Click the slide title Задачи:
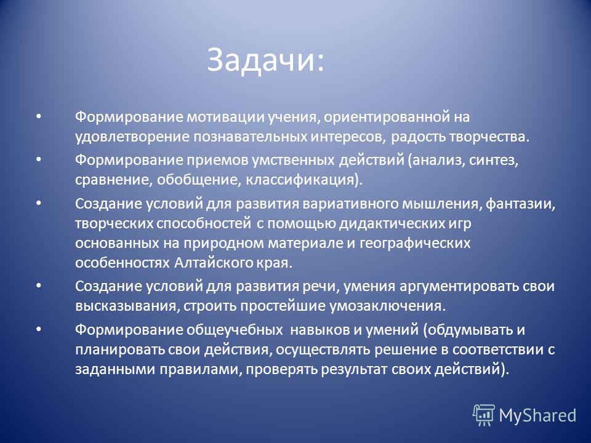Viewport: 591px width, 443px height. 265,60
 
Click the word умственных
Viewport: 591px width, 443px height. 293,161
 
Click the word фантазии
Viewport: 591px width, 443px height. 520,204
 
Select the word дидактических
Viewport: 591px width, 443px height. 389,224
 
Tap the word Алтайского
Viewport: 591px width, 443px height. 214,263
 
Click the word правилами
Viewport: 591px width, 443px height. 199,369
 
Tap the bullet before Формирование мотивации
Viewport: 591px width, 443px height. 38,116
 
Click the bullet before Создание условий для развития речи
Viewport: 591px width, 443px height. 38,285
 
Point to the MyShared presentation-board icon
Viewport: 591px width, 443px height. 484,415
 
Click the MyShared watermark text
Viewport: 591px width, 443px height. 537,415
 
